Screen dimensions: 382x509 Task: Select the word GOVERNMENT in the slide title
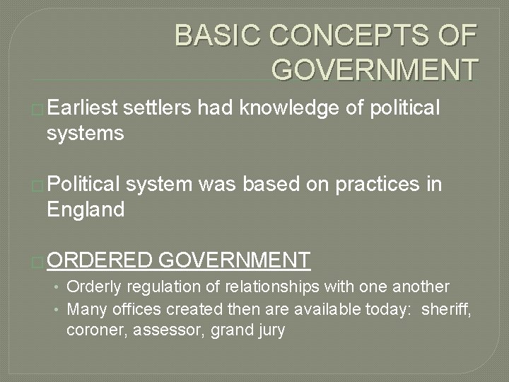375,69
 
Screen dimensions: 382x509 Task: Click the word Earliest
83,108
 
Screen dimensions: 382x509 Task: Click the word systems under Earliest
86,133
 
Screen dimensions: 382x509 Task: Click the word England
86,209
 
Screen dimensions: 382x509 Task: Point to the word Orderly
94,286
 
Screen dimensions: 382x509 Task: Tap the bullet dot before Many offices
59,308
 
